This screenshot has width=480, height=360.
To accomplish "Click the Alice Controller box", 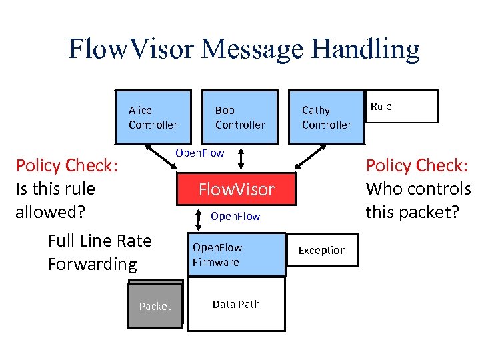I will pos(153,117).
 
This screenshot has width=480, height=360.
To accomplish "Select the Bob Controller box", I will pos(239,117).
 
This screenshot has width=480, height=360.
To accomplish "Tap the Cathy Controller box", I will pos(326,117).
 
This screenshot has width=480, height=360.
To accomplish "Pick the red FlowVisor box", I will pos(236,190).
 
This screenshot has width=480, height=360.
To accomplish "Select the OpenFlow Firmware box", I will pos(235,255).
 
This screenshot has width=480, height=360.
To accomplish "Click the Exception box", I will pos(322,250).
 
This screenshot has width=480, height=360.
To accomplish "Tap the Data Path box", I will pos(236,305).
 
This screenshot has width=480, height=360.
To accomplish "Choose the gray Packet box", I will pos(155,306).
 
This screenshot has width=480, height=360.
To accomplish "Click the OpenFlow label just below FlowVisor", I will pos(235,217).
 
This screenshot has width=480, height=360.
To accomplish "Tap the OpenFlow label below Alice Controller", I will pos(199,153).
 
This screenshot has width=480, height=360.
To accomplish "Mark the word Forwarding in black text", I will pos(92,264).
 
